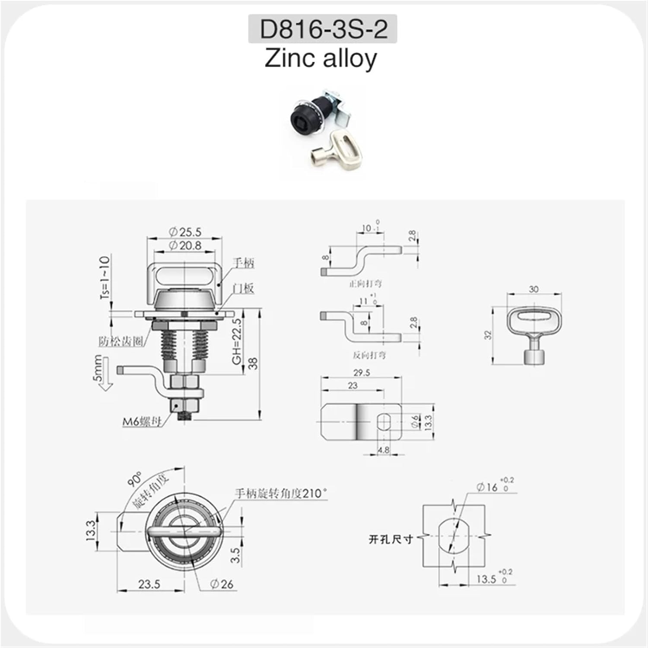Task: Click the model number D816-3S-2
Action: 323,29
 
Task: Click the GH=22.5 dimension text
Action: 237,341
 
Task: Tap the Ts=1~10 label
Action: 105,277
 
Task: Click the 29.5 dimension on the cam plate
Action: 361,372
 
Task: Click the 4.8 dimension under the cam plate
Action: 383,450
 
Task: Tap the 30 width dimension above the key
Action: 534,289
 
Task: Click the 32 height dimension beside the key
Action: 488,335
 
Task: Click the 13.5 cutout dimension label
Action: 486,579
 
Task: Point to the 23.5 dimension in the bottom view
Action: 149,584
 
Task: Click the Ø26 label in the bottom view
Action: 222,584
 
